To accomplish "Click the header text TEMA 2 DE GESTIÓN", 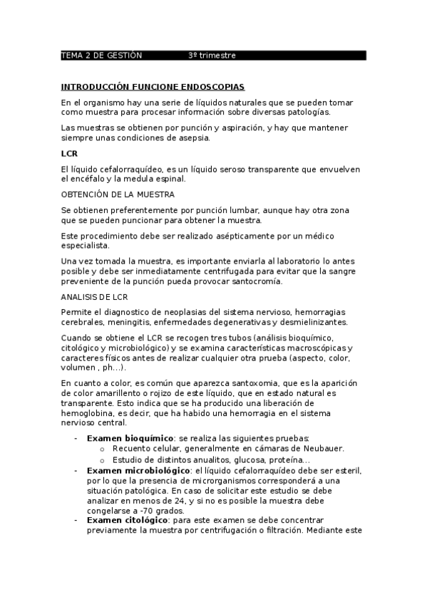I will pos(102,56).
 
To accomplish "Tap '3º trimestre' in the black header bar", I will pos(212,56).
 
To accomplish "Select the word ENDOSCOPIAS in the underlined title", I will pos(212,87).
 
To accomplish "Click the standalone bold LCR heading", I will pos(69,154).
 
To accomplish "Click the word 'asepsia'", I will pos(193,138).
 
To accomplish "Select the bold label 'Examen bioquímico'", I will pos(130,437).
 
